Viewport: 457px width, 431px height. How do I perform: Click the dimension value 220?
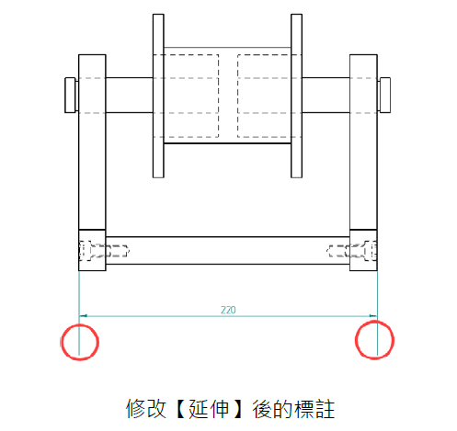coord(228,310)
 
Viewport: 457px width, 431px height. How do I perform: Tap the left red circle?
coord(62,342)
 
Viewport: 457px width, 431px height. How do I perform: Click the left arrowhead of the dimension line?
coord(83,315)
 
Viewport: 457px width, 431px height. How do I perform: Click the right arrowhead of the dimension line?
coord(373,315)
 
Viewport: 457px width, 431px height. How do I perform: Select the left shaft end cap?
coord(70,95)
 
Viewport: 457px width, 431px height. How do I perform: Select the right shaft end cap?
coord(384,95)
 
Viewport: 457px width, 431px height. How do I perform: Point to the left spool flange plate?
coord(158,96)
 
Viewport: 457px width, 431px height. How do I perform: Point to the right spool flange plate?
coord(296,96)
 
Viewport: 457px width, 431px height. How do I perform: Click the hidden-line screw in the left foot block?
coord(104,251)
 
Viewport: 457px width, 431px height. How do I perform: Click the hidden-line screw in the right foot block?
coord(351,251)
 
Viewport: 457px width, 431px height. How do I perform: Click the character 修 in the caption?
coord(135,409)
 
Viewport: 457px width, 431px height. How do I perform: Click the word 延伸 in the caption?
coord(209,409)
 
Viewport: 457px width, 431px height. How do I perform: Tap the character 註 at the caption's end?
coord(325,409)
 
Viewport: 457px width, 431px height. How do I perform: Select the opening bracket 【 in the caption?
coord(180,409)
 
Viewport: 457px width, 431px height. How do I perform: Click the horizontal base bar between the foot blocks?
coord(228,250)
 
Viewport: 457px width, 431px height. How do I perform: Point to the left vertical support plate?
coord(92,142)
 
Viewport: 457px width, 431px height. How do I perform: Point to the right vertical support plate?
coord(363,142)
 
